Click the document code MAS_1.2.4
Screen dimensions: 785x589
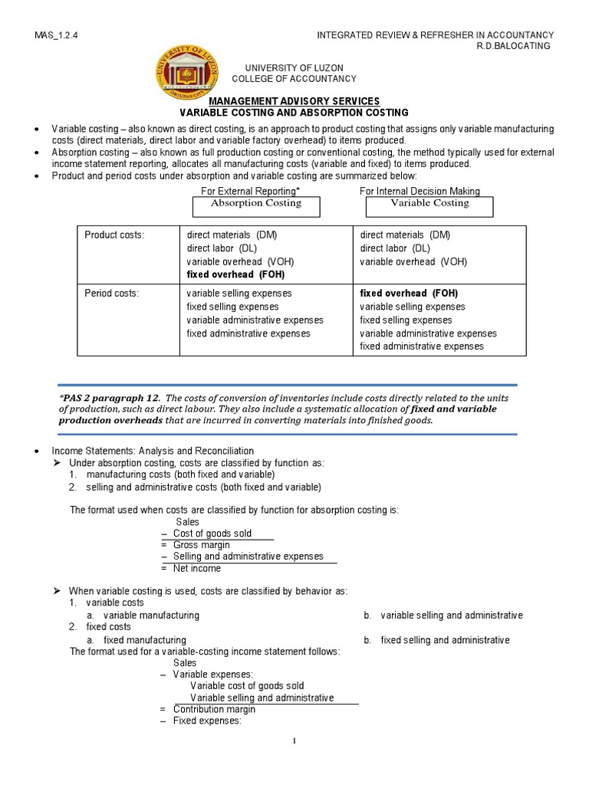(61, 35)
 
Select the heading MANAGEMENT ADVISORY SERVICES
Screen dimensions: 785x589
(294, 101)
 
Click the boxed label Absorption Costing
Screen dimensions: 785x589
(256, 204)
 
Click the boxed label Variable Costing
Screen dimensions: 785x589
(429, 204)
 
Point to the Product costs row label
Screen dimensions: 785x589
(114, 235)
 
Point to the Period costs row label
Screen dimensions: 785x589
(112, 294)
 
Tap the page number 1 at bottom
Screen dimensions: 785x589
(294, 740)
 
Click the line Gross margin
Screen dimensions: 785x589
(196, 544)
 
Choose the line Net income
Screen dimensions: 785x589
(196, 568)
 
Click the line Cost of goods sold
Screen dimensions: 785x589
(212, 533)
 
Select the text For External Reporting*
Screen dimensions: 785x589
(245, 191)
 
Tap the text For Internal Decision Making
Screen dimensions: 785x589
(420, 191)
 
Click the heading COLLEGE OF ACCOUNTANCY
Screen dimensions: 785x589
(294, 79)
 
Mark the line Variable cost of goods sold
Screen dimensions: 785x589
(247, 685)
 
